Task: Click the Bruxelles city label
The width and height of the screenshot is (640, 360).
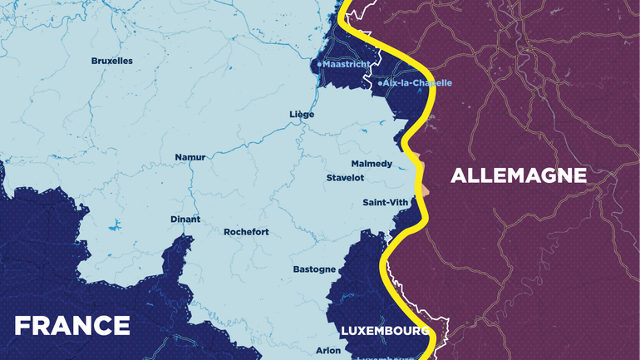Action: point(111,61)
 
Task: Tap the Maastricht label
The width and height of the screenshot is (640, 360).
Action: point(346,64)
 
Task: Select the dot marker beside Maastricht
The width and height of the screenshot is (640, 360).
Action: point(319,64)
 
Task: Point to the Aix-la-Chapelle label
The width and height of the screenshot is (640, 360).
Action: point(417,83)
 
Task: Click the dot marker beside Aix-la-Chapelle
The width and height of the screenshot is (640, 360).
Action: point(380,83)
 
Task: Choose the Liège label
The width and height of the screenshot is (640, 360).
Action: point(302,114)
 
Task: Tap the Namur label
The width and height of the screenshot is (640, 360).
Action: point(190,157)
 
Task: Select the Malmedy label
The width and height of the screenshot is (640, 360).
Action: point(372,164)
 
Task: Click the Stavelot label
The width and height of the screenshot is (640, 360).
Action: point(345,178)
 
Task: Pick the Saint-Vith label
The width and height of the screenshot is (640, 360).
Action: point(386,203)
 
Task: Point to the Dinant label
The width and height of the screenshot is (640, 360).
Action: point(185,219)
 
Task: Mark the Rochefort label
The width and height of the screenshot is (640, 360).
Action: point(246,232)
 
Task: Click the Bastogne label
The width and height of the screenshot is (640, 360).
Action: point(314,269)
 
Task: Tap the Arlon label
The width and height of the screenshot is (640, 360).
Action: point(328,351)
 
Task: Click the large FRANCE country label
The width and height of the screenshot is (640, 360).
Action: point(72,325)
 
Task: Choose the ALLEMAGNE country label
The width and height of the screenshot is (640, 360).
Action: point(519,175)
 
